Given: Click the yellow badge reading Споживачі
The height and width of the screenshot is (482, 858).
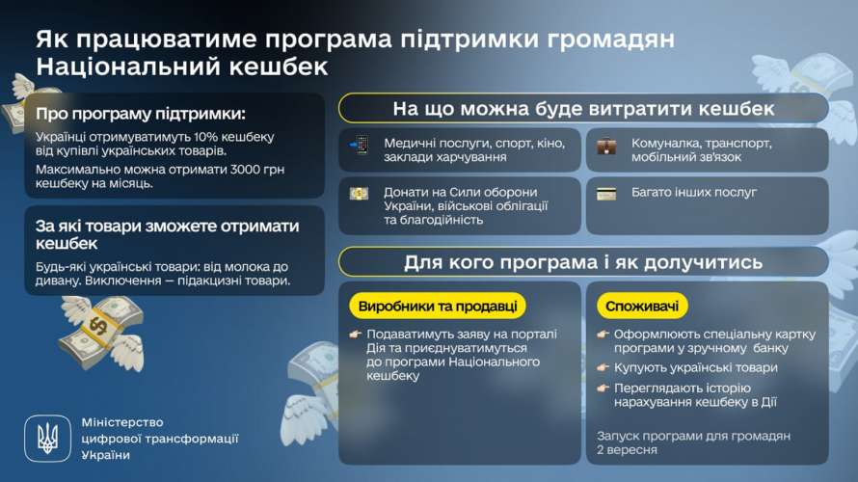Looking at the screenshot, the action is point(642,307).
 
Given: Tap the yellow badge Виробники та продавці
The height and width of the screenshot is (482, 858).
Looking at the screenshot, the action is point(438,307).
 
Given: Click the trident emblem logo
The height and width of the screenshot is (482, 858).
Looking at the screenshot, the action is point(47,439).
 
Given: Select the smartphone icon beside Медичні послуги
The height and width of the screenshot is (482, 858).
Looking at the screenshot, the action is point(360,146).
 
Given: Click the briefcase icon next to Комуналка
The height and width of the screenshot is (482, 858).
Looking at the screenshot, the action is point(606,147).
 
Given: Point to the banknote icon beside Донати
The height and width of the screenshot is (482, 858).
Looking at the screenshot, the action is point(359,193).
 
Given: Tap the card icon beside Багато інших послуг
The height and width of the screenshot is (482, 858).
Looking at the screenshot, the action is point(606,194).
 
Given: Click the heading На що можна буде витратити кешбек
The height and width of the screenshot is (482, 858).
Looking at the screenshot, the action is point(583,109).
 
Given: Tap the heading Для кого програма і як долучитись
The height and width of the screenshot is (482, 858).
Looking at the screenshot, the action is point(583,262).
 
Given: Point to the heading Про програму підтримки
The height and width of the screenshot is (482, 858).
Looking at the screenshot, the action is point(141,114).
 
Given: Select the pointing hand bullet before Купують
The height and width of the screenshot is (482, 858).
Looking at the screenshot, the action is point(603,367).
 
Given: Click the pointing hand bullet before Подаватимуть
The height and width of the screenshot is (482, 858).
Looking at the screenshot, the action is point(356,334).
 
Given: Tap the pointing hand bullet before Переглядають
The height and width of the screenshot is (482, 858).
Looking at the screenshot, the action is point(603,388).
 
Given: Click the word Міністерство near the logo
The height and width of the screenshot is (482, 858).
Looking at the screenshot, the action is point(122,422).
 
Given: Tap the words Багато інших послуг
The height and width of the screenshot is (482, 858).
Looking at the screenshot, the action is point(694,193).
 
